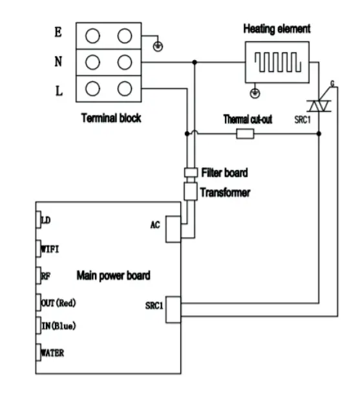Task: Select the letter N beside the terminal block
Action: tap(59, 63)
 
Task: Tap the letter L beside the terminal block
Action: tap(59, 90)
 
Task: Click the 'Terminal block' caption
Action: tap(111, 118)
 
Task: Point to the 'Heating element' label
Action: tap(277, 29)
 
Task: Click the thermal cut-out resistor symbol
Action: tap(245, 134)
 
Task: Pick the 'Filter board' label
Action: tap(224, 172)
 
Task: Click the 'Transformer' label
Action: tap(224, 192)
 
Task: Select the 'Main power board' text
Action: tap(114, 276)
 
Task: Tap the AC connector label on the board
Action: tap(155, 225)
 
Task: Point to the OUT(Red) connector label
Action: tap(63, 302)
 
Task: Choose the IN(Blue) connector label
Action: tap(59, 326)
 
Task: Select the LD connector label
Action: tap(47, 220)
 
